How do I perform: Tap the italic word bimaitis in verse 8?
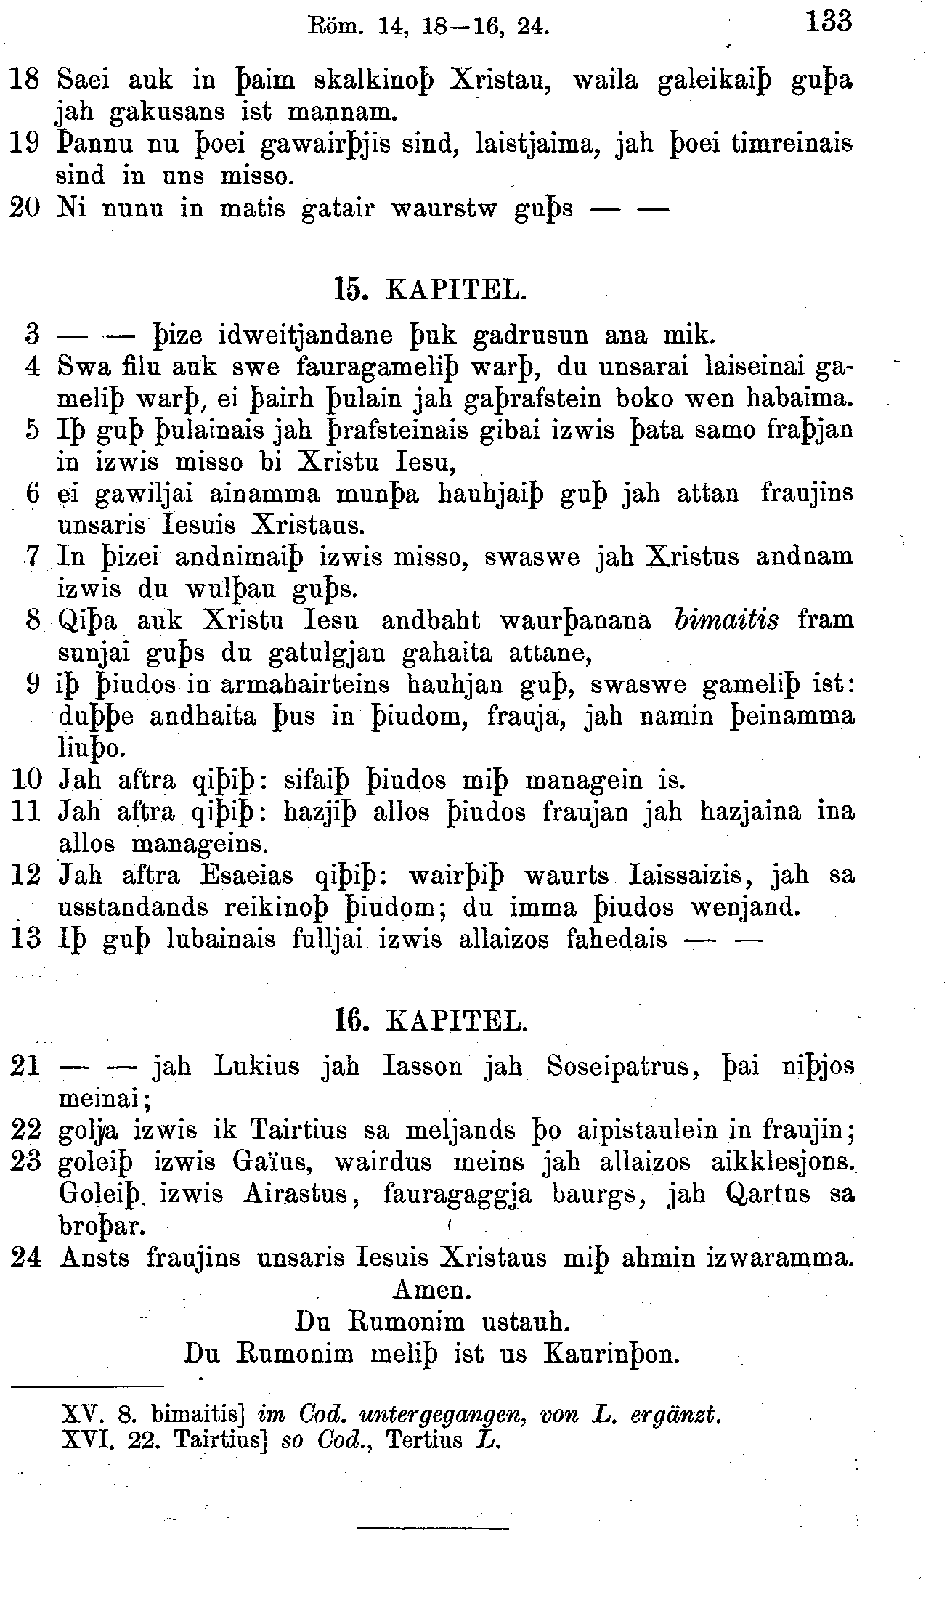[726, 620]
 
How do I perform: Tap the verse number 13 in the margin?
[26, 939]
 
